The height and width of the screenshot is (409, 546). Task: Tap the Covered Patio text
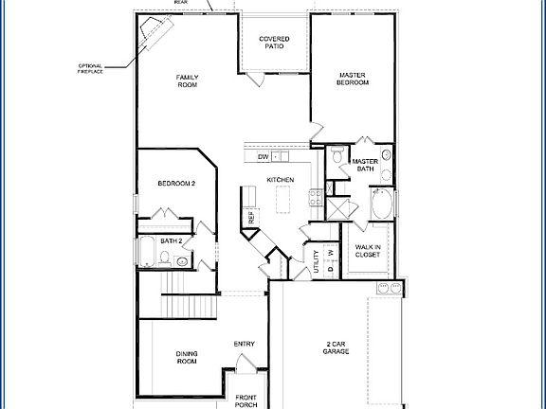coord(275,43)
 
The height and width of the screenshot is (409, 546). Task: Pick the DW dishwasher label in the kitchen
coord(264,157)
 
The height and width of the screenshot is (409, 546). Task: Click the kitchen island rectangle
coord(282,201)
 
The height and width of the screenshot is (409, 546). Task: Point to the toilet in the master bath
coord(337,157)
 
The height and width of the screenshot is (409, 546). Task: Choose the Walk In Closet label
coord(368,251)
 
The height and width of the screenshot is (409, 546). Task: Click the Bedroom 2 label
coord(177,184)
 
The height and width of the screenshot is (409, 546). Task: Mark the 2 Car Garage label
coord(336,348)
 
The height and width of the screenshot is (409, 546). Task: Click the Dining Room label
coord(187,358)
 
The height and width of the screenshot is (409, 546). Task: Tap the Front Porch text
coord(246,400)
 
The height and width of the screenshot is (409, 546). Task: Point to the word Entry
coord(245,344)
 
